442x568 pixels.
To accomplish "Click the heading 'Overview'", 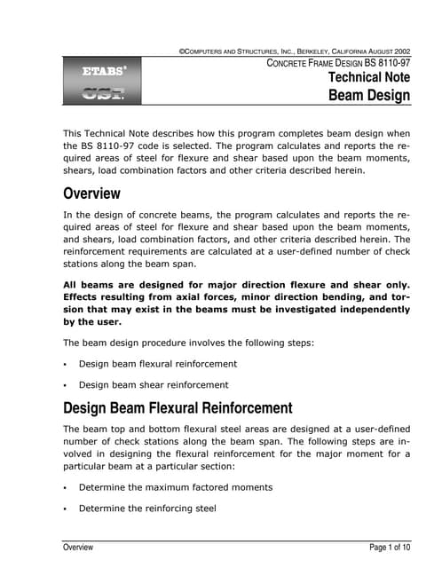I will tap(91, 193).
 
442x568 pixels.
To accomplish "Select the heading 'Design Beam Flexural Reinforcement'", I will tap(177, 408).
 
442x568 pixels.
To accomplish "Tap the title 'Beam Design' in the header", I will tap(369, 95).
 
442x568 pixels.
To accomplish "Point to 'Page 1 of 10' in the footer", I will tap(390, 548).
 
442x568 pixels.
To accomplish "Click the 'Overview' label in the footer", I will tap(77, 548).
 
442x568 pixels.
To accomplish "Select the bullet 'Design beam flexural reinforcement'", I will tap(158, 364).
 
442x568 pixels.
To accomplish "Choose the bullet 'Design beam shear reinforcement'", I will tap(154, 385).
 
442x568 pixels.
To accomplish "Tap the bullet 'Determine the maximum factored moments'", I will tap(176, 487).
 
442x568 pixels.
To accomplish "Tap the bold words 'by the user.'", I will tap(95, 323).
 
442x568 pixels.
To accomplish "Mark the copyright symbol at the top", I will tap(182, 51).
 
